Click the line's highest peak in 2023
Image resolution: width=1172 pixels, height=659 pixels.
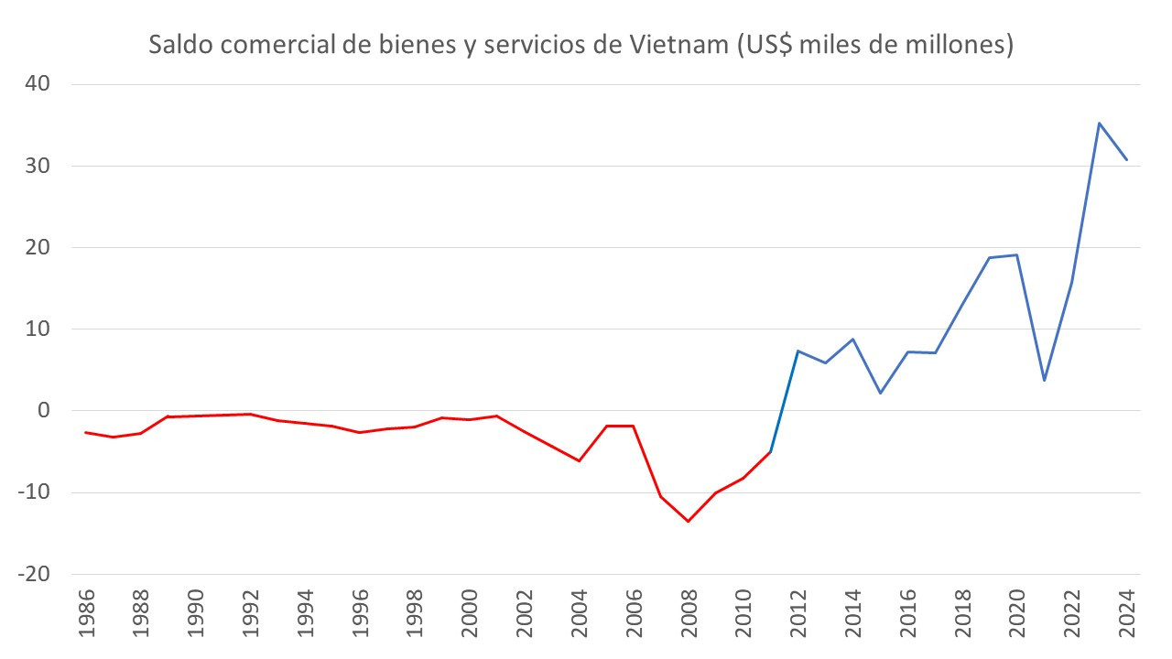pos(1099,123)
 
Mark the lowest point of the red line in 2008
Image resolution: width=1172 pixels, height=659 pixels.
pos(688,521)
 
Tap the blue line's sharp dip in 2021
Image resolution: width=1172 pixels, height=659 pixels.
pos(1044,380)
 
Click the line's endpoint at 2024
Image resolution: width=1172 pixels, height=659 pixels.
pos(1126,160)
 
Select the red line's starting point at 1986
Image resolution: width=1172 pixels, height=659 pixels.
pos(85,432)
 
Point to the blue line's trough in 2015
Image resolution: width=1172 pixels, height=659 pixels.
pos(880,393)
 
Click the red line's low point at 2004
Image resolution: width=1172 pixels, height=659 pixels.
pos(579,460)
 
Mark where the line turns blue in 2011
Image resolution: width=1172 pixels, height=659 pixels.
pos(770,451)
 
